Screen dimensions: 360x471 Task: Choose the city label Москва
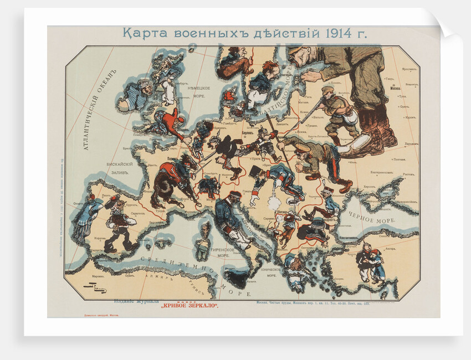(395, 88)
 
